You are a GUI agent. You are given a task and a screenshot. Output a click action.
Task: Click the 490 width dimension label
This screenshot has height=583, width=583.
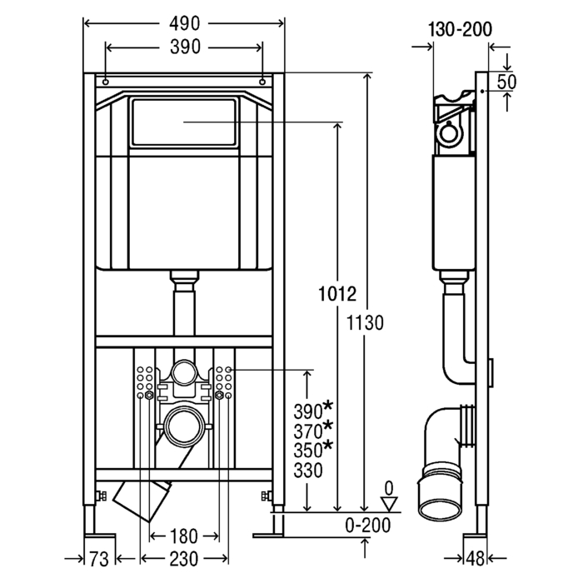[x=184, y=23]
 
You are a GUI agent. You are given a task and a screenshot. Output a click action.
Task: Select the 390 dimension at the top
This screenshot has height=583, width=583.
[x=184, y=47]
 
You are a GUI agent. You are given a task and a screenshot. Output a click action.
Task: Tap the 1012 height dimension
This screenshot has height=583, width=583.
[x=337, y=294]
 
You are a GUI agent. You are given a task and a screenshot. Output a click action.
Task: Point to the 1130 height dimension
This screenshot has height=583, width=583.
[x=366, y=324]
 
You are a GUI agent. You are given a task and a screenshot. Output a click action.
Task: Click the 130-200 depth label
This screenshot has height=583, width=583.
[x=460, y=29]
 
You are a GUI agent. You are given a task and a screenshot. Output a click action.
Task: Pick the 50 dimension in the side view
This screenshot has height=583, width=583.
[x=529, y=81]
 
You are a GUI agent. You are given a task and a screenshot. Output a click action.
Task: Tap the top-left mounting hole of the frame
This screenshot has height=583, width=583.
[x=107, y=82]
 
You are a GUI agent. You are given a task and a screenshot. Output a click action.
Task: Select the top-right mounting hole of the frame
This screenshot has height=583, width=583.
[x=263, y=82]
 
